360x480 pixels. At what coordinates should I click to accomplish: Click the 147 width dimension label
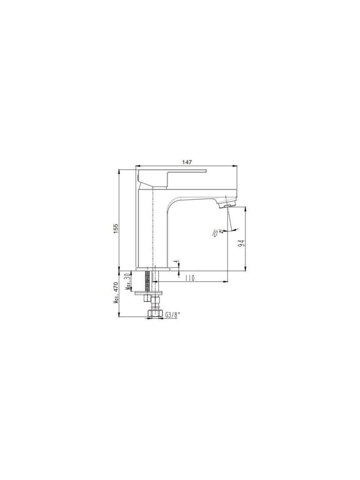tap(187, 162)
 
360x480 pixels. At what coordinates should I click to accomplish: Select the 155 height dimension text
tap(115, 228)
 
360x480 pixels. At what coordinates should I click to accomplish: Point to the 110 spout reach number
tap(189, 278)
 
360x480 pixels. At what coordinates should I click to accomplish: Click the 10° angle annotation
tap(216, 233)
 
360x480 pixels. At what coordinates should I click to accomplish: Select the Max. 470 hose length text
tap(115, 293)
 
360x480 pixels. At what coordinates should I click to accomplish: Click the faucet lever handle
tap(170, 175)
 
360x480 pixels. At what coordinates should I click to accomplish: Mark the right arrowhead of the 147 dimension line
tap(236, 166)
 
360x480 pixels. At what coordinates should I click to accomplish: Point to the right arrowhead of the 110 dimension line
tap(227, 281)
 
